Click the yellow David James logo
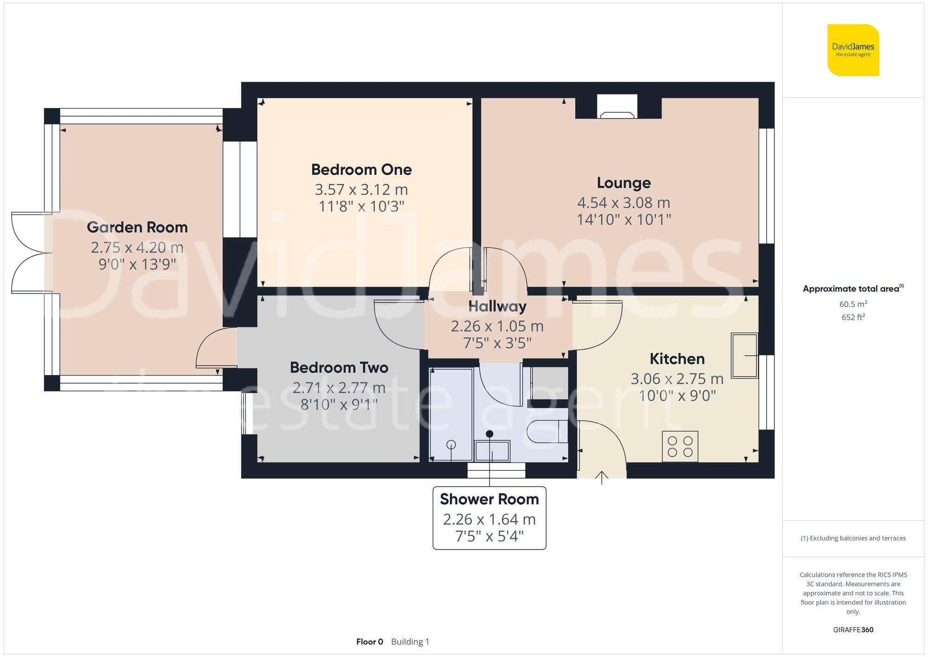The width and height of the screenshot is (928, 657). click(853, 50)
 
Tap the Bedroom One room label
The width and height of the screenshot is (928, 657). click(361, 169)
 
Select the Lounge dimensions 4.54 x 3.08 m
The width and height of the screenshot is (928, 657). click(623, 202)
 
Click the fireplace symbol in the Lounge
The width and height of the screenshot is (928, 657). click(617, 107)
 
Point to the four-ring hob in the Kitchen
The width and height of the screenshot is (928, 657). click(680, 446)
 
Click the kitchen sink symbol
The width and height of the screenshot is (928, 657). click(744, 355)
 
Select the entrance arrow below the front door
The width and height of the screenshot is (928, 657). click(601, 477)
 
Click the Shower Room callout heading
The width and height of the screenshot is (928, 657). click(489, 499)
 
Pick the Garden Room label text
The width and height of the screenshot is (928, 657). click(137, 227)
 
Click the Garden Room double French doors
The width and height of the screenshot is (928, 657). click(30, 253)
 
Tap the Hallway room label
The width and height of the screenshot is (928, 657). click(497, 306)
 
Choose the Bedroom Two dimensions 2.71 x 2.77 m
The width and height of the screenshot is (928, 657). click(339, 387)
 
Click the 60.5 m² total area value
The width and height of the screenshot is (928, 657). click(853, 304)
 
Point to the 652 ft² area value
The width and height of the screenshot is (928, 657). click(853, 317)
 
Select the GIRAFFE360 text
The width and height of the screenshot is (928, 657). click(853, 630)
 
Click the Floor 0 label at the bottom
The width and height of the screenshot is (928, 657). click(369, 642)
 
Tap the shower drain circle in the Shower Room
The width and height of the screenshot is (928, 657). click(451, 445)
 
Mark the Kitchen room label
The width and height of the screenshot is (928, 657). click(677, 358)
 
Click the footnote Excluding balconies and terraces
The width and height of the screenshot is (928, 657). click(853, 538)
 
